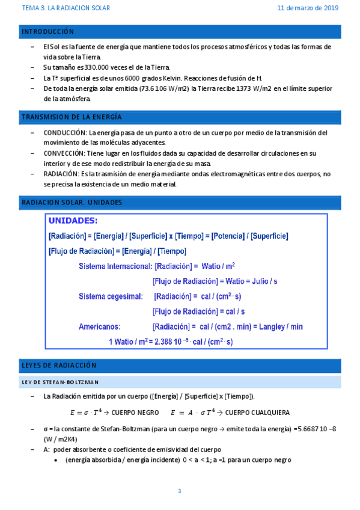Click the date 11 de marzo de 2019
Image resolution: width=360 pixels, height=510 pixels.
tap(308, 8)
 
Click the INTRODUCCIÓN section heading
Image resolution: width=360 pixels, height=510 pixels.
tap(47, 31)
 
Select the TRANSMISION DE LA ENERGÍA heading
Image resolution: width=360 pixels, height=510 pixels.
tap(72, 116)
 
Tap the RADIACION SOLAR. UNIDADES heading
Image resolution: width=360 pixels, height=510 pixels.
tap(72, 203)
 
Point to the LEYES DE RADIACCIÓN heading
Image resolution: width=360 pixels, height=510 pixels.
tap(59, 365)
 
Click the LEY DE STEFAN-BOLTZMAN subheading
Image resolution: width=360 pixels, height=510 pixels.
tap(61, 382)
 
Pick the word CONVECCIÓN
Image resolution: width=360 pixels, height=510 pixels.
tap(64, 153)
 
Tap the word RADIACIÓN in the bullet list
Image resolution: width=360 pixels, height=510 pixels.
tap(62, 174)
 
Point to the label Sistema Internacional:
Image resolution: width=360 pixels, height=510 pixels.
tap(114, 266)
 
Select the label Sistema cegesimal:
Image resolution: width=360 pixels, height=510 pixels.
tap(111, 296)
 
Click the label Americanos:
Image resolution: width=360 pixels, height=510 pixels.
tap(99, 327)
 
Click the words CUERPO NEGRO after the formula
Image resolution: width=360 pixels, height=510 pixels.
tap(135, 413)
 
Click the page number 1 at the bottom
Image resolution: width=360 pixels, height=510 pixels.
tap(179, 491)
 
